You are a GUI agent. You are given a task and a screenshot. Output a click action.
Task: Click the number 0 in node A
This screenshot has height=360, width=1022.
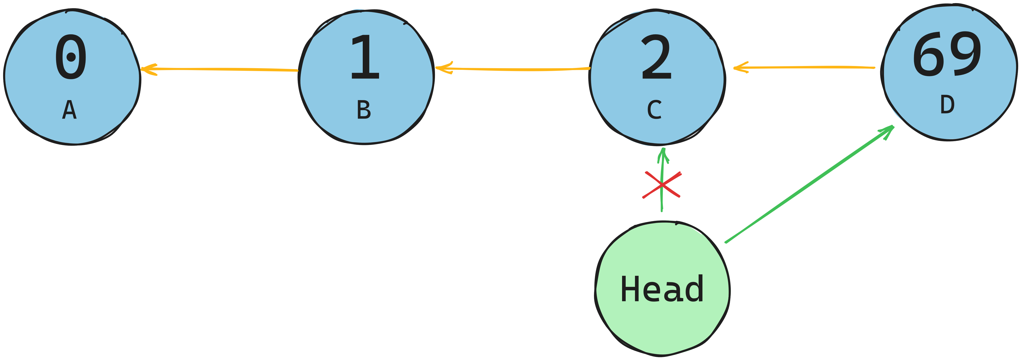71,57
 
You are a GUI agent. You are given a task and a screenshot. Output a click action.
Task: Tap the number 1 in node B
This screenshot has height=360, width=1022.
365,57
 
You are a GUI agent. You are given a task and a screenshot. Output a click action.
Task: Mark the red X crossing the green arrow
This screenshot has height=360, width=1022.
662,185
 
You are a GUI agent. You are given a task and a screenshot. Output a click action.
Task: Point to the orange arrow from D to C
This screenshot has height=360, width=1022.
805,67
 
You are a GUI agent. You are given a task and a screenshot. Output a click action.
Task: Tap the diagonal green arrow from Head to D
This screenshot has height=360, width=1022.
809,185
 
